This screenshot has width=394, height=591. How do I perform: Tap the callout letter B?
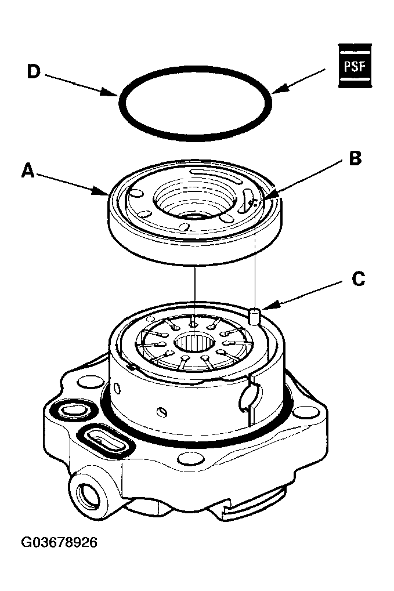[x=355, y=158]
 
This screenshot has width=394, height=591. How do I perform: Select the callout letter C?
[x=358, y=279]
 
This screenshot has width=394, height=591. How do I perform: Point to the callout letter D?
[x=34, y=71]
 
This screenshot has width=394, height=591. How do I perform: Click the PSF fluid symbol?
[x=355, y=66]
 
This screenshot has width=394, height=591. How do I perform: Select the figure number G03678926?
[x=59, y=542]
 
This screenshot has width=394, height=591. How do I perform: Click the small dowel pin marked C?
[x=255, y=316]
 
